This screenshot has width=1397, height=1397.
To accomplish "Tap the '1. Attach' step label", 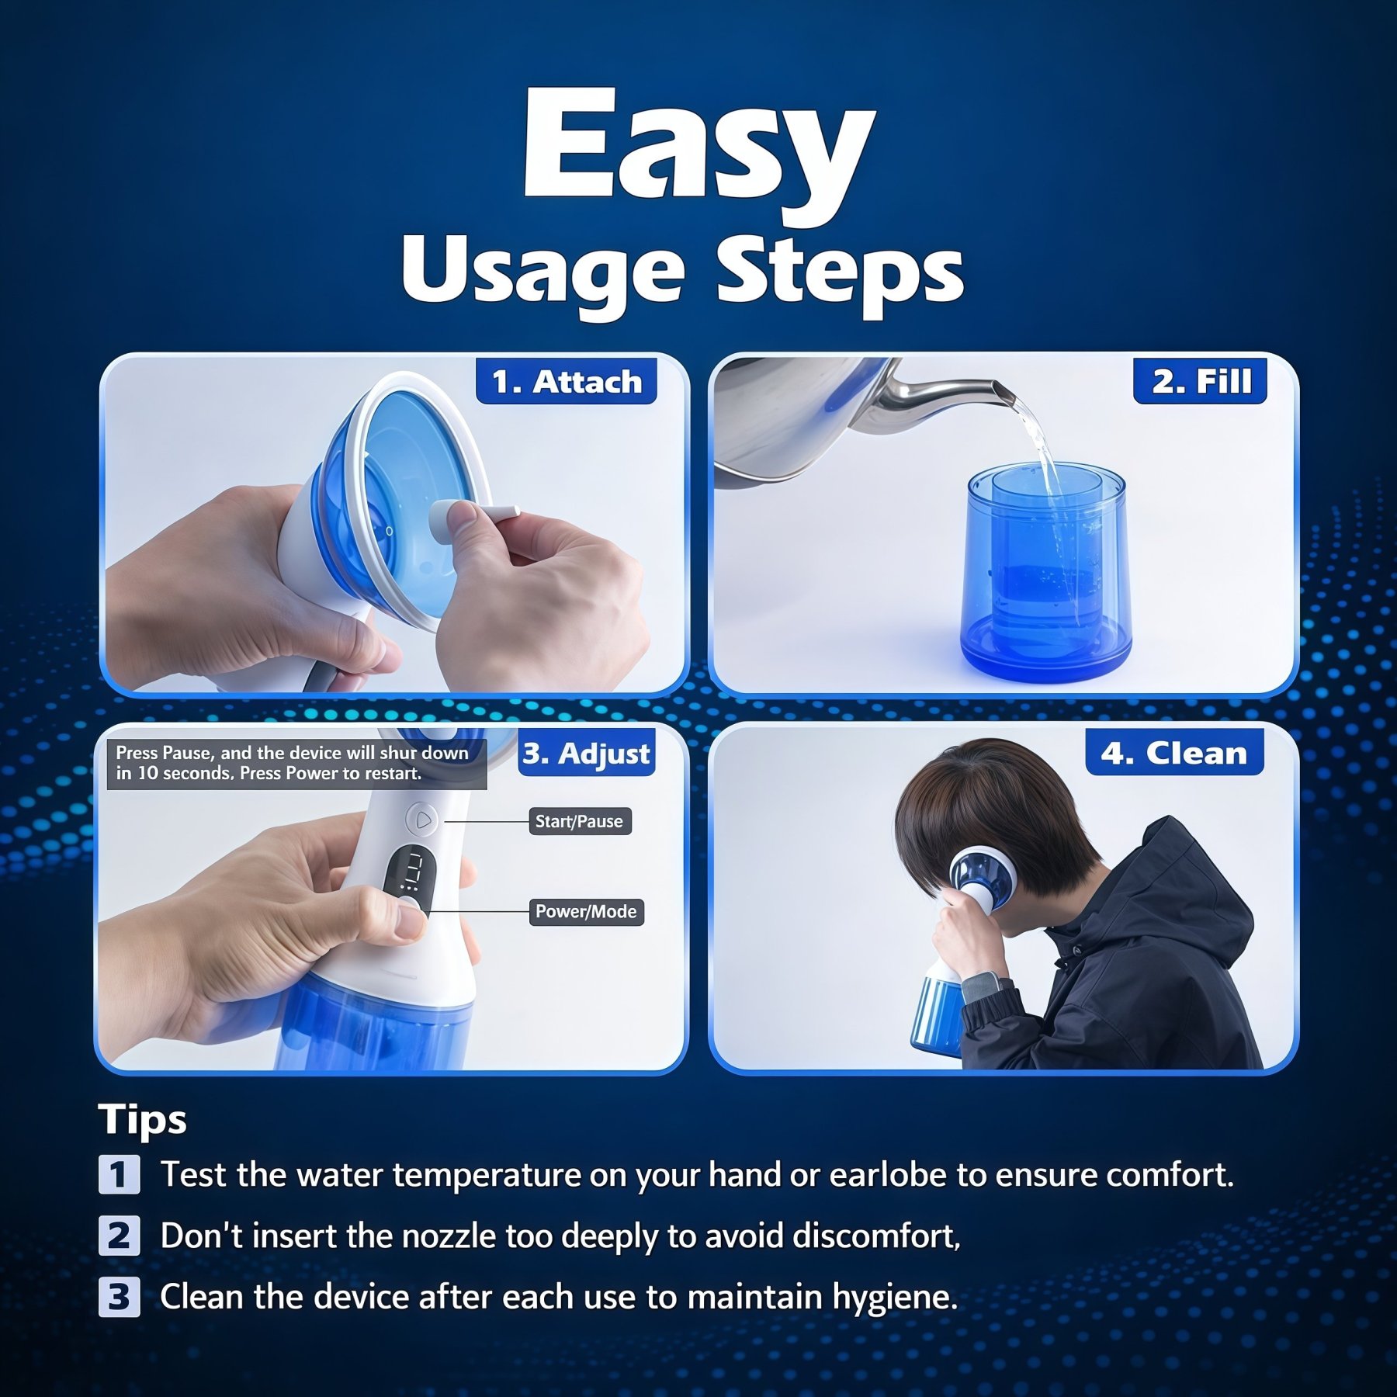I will coord(567,382).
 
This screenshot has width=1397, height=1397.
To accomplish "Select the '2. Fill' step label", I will coord(1200,381).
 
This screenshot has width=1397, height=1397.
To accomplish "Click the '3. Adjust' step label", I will coord(586,754).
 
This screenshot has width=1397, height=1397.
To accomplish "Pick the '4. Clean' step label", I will coord(1173,753).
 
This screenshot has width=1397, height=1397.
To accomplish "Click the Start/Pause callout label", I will coord(579,821).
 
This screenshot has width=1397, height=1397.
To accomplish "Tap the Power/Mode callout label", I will coord(586,912).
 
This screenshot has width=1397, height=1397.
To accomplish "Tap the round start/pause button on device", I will coord(422,820).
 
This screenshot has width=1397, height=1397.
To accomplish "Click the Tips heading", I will coord(143,1119).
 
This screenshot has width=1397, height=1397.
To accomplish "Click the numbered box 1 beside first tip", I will coord(119,1174).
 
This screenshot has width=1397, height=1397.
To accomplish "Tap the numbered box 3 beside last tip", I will coord(119,1297).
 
